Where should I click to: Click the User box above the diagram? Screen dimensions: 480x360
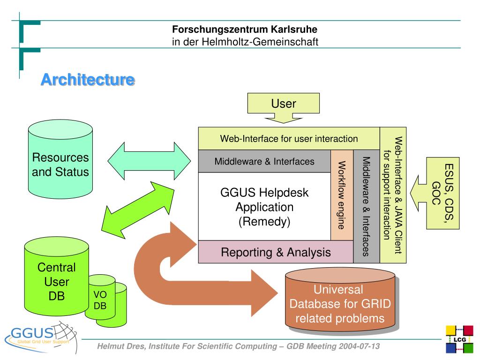284,104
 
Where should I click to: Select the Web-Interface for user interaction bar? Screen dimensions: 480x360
289,139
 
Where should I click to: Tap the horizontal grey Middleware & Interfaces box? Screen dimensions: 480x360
264,161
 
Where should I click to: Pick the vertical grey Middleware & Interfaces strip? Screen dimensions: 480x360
367,206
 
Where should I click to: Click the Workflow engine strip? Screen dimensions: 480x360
342,195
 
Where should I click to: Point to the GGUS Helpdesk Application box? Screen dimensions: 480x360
264,207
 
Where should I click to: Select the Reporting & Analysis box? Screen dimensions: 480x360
276,252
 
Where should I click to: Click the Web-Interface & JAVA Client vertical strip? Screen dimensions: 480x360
393,195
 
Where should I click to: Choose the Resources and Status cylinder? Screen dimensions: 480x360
60,159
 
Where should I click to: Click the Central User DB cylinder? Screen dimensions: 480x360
57,277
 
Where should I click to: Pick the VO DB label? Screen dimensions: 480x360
100,300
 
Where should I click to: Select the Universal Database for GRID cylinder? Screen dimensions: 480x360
340,301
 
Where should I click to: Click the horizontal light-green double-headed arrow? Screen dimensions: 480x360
149,161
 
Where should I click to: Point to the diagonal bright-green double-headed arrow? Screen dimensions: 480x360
138,210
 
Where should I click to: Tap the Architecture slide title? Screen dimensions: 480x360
88,80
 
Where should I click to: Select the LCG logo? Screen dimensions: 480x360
459,339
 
